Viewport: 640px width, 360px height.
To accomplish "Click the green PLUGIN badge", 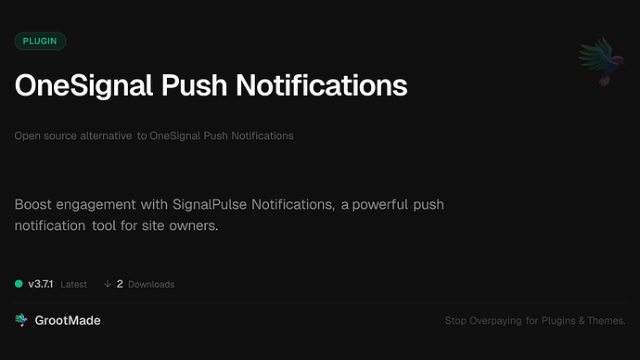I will [x=40, y=41].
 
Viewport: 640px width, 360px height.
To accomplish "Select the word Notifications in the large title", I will [x=326, y=85].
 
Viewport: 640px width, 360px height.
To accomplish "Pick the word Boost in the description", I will [x=33, y=203].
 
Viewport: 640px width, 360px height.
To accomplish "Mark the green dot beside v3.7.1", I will [x=19, y=284].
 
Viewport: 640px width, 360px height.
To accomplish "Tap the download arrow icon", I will [x=108, y=284].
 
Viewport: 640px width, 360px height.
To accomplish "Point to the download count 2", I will [x=121, y=284].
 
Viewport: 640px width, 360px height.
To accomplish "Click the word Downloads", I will [x=151, y=284].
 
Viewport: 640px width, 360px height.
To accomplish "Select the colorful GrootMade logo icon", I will [x=21, y=320].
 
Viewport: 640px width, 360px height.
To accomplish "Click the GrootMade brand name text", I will [x=68, y=320].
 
